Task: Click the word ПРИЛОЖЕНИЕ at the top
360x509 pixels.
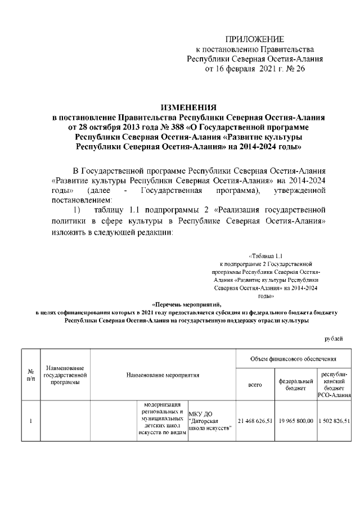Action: tap(255, 39)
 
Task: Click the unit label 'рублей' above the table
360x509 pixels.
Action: tap(334, 338)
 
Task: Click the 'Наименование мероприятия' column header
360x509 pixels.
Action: tap(163, 375)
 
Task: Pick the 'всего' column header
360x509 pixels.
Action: tap(255, 385)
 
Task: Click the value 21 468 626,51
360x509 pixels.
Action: tap(255, 421)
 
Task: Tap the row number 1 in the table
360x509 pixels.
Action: tap(30, 421)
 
